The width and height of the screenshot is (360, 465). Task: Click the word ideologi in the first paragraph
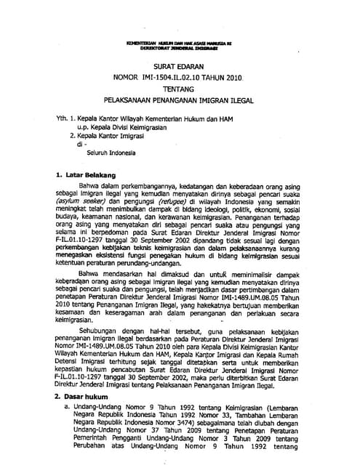[x=218, y=209]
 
